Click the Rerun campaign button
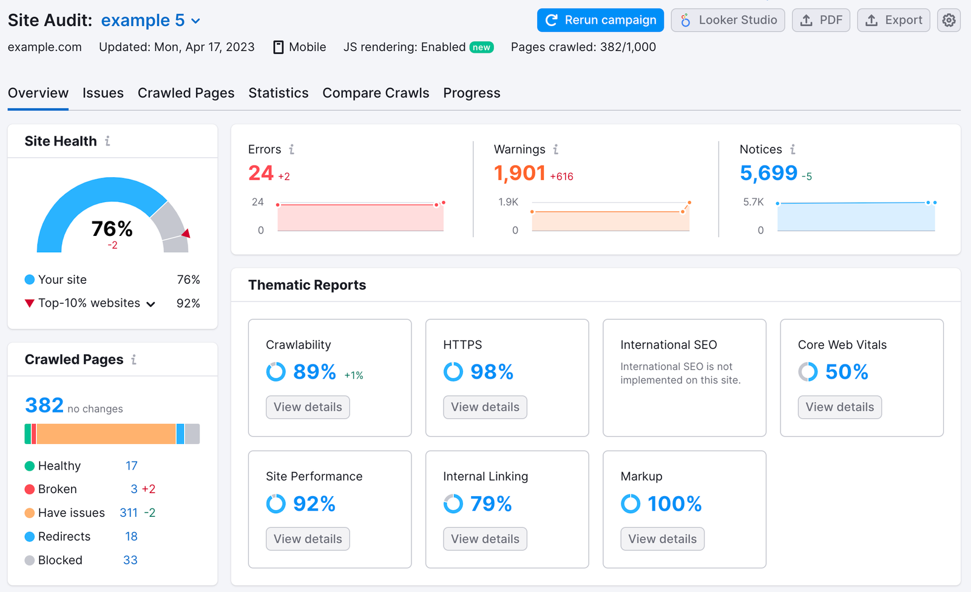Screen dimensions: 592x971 point(600,20)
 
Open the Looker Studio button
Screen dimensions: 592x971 point(728,20)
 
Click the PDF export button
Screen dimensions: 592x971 point(820,20)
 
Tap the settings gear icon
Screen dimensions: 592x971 point(949,20)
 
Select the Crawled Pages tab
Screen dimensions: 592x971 point(186,93)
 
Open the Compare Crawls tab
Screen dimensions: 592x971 point(376,93)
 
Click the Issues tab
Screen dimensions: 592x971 point(103,93)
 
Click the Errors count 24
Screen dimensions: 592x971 point(261,173)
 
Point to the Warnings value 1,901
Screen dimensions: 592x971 point(519,173)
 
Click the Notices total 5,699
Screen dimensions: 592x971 point(768,173)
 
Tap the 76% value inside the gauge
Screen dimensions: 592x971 point(112,229)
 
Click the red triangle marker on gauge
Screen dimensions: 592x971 point(186,234)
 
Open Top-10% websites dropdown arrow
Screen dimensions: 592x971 point(151,304)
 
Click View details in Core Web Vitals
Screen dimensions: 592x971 point(839,407)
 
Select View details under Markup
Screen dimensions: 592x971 point(662,539)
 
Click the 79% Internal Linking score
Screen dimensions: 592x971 point(490,503)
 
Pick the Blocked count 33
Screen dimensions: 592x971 point(130,560)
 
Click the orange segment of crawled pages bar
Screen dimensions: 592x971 point(106,434)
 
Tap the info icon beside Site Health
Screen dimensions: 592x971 point(107,141)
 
